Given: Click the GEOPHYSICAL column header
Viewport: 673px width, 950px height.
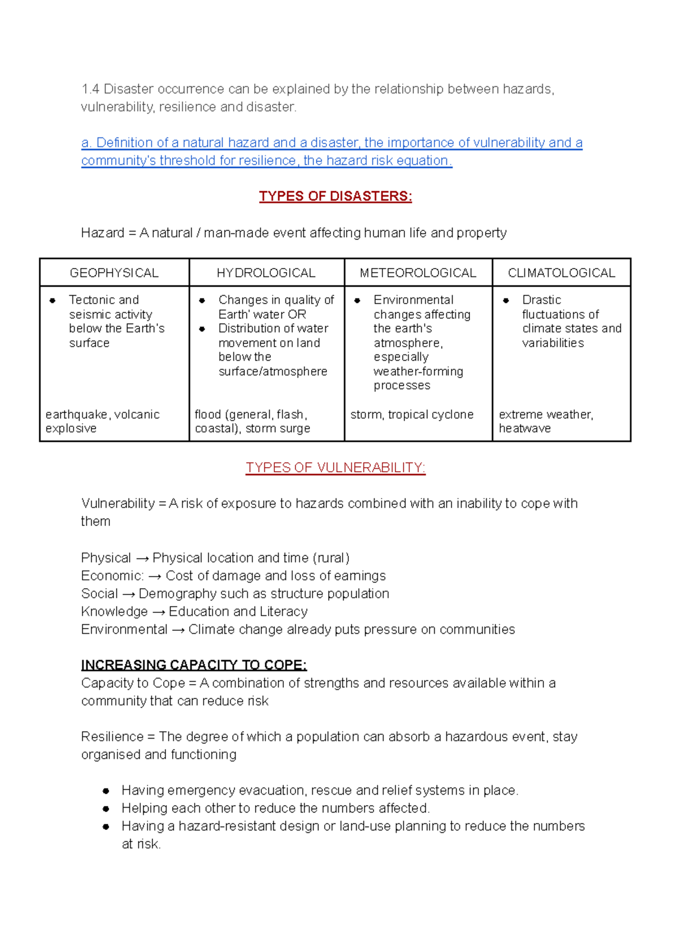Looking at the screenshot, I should tap(114, 273).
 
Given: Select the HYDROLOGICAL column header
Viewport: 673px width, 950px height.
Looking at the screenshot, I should tap(266, 273).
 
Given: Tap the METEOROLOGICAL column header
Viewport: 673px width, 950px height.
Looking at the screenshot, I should tap(418, 273).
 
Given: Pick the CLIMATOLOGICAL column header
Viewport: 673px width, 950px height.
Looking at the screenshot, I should tap(561, 273).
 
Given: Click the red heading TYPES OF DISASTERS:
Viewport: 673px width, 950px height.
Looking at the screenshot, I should tap(335, 196).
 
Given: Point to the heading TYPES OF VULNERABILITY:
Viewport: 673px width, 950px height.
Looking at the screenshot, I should tap(335, 468).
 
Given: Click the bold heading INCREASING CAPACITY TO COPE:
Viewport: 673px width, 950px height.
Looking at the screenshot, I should tap(193, 665).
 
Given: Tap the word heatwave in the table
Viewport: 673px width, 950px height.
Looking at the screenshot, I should tap(525, 428).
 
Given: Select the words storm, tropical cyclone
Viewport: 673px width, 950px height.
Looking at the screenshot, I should tap(412, 414).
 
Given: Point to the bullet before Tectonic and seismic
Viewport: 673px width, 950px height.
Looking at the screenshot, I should tap(53, 301).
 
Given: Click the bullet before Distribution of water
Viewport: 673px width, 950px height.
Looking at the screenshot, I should tap(202, 329).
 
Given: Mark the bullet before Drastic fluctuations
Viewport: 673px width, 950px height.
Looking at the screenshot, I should tap(506, 301).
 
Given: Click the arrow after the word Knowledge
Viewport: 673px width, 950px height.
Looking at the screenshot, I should tap(158, 612).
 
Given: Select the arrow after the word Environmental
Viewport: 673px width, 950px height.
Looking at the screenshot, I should tap(178, 630).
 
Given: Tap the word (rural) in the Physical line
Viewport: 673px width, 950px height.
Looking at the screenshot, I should tap(331, 558).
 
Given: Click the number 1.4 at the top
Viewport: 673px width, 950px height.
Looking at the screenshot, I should tap(90, 89).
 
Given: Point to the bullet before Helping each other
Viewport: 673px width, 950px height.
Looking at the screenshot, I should tap(106, 809).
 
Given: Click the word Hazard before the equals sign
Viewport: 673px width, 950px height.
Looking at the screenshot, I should tap(102, 233).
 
